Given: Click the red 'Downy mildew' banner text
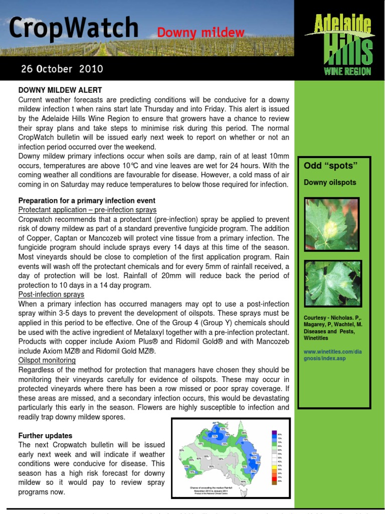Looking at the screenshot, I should pyautogui.click(x=201, y=33).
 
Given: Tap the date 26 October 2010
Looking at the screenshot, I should pyautogui.click(x=62, y=68).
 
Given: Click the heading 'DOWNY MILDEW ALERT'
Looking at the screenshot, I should pyautogui.click(x=60, y=90).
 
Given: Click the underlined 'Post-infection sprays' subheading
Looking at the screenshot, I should pyautogui.click(x=51, y=295).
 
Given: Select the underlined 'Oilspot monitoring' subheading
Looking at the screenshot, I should pyautogui.click(x=47, y=360).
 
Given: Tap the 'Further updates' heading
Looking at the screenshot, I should pyautogui.click(x=45, y=436).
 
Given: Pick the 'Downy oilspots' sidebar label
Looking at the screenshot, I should pyautogui.click(x=330, y=182).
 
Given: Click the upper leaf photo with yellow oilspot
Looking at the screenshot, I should pyautogui.click(x=331, y=224).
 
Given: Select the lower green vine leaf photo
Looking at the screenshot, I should pyautogui.click(x=332, y=283).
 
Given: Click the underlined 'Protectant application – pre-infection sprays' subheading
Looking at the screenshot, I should pyautogui.click(x=87, y=210).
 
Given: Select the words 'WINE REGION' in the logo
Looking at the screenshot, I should pyautogui.click(x=347, y=71).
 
